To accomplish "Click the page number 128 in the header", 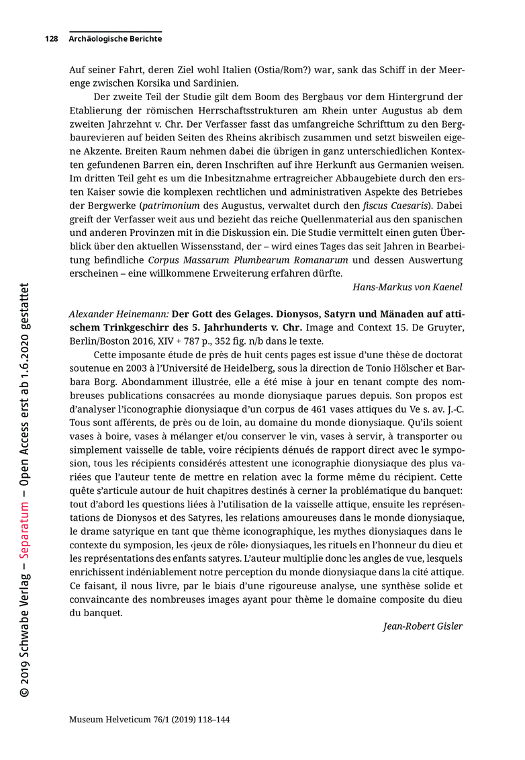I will point(51,40).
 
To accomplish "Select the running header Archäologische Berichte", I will point(115,40).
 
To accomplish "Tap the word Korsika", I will point(148,83).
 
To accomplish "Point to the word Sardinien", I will point(214,83).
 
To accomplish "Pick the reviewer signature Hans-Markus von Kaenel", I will point(408,287).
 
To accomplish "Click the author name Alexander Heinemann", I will point(119,314).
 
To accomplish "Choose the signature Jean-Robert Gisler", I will point(423,626).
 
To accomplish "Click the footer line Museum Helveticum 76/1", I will point(150,719).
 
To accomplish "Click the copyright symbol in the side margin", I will point(24,692).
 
